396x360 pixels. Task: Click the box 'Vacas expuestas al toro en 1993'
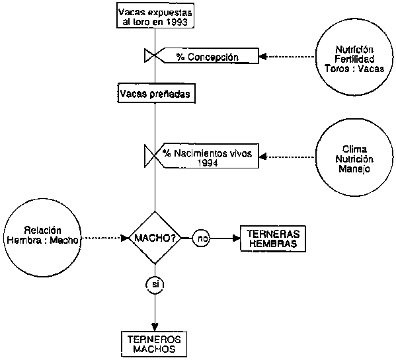tap(155, 15)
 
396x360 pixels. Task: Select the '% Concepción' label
tap(208, 57)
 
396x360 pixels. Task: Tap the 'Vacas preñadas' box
tap(156, 94)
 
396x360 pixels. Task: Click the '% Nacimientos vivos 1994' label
tap(208, 158)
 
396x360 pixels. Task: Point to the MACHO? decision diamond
tap(155, 238)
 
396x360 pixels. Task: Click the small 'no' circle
tap(201, 238)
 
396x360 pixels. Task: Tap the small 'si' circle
tap(155, 285)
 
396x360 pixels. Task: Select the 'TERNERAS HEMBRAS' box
tap(273, 238)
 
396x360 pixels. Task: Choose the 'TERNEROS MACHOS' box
tap(154, 344)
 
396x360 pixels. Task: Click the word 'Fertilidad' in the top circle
tap(354, 59)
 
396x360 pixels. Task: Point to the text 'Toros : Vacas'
tap(354, 69)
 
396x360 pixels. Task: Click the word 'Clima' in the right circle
tap(354, 149)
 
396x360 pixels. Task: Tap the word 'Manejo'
tap(354, 169)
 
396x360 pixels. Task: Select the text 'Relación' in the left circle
tap(43, 231)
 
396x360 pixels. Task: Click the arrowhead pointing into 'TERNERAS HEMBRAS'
tap(237, 238)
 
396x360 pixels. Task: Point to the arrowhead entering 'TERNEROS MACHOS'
tap(155, 327)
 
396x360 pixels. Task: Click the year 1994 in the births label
tap(208, 163)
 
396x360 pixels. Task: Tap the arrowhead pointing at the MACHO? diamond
tap(125, 238)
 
